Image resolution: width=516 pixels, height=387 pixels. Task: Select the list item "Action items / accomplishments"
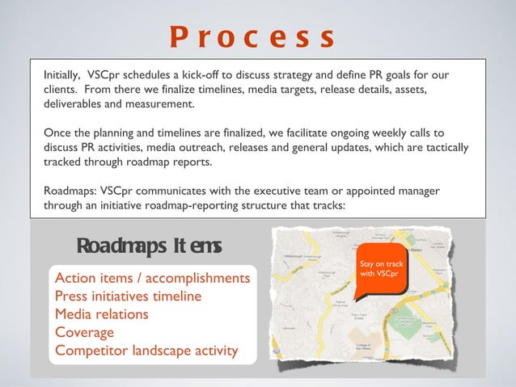152,279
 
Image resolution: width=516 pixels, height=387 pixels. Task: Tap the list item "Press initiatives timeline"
128,297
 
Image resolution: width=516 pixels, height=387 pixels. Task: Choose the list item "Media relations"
101,314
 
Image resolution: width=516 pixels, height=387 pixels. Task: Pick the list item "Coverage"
84,332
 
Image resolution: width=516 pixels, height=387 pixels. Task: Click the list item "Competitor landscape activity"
146,351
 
